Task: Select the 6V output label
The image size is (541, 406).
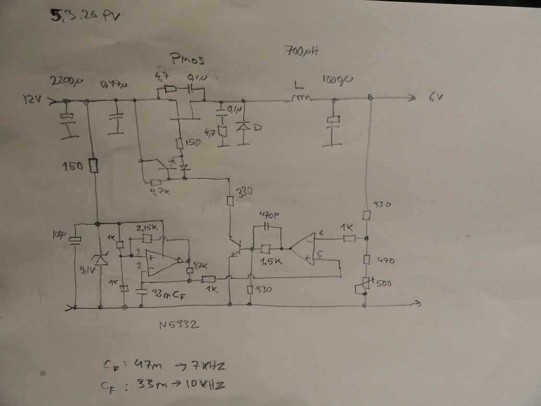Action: tap(436, 98)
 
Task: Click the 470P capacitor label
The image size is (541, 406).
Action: tap(270, 215)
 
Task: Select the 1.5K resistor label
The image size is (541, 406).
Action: tap(270, 263)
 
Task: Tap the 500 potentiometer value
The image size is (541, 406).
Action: tap(386, 283)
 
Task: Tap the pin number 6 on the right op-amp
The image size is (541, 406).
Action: tap(321, 235)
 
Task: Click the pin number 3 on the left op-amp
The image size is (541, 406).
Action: tap(137, 253)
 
